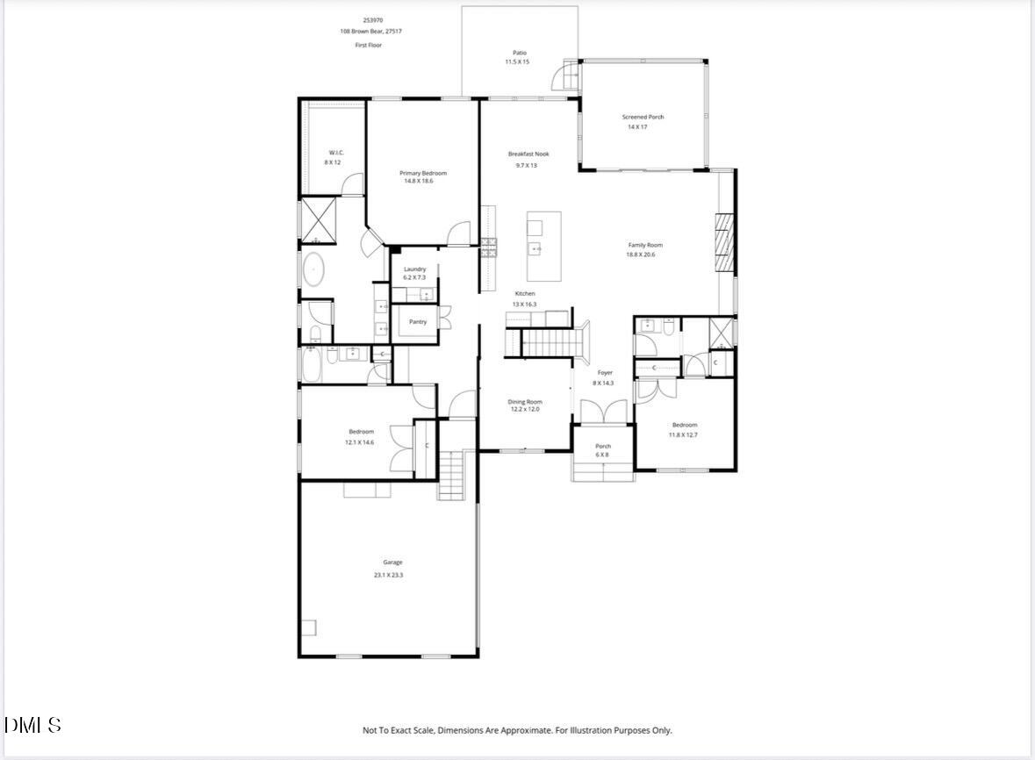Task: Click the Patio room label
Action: coord(520,53)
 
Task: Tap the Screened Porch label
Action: coord(643,117)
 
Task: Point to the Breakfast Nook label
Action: coord(528,154)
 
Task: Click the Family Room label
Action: coord(644,245)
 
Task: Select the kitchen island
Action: coord(543,246)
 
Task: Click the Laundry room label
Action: coord(414,269)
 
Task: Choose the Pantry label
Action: coord(418,322)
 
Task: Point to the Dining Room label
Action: coord(525,402)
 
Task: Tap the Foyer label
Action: coord(604,373)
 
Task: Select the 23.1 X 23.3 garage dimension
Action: coord(392,575)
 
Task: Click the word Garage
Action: coord(392,563)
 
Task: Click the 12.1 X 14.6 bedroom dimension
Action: coord(361,442)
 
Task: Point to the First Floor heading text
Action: coord(368,45)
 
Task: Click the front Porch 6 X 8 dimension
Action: coord(602,455)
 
